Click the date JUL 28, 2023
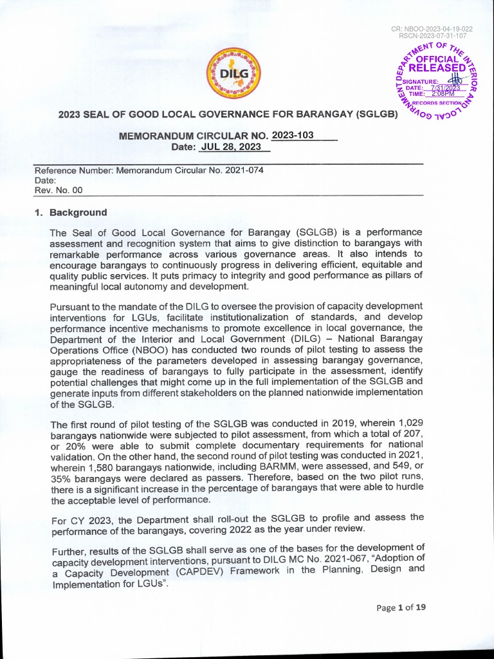pos(230,147)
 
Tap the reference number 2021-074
pos(242,171)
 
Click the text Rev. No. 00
pos(59,190)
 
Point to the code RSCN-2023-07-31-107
pos(432,36)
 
